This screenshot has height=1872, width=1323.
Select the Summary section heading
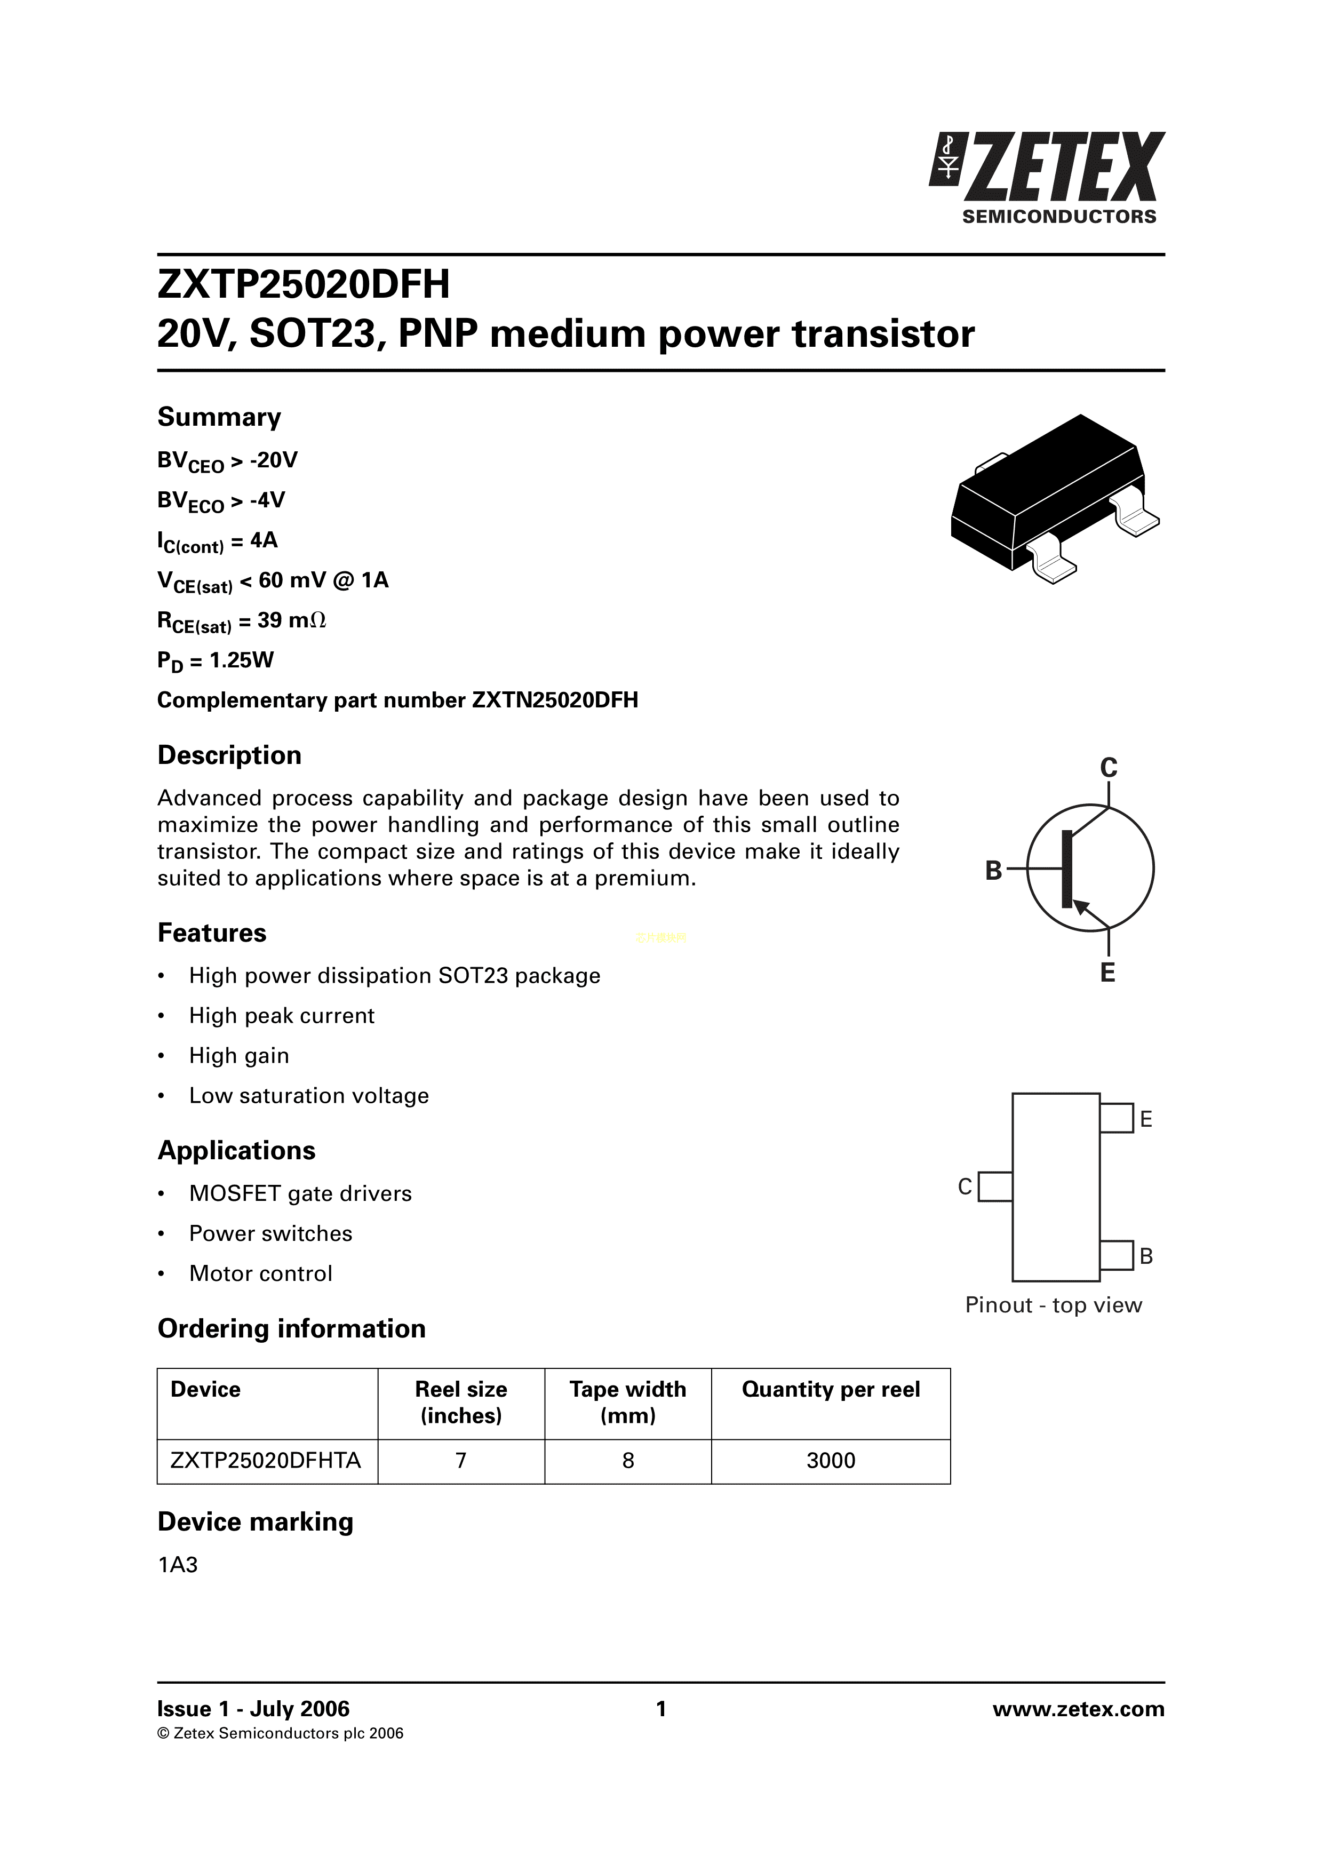tap(219, 417)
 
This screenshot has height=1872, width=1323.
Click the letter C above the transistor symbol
tap(1108, 767)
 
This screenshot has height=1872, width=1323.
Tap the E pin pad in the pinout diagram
tap(1116, 1118)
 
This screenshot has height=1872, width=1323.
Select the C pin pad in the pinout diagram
tap(995, 1186)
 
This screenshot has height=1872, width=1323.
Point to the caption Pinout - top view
tap(1053, 1305)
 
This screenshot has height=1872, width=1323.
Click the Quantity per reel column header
tap(831, 1389)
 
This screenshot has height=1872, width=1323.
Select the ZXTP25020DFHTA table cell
tap(266, 1460)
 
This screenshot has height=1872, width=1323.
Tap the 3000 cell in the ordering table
tap(831, 1460)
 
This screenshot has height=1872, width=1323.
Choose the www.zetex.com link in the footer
tap(1079, 1709)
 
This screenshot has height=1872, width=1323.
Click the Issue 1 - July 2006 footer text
tap(253, 1709)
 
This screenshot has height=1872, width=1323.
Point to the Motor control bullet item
tap(261, 1273)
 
